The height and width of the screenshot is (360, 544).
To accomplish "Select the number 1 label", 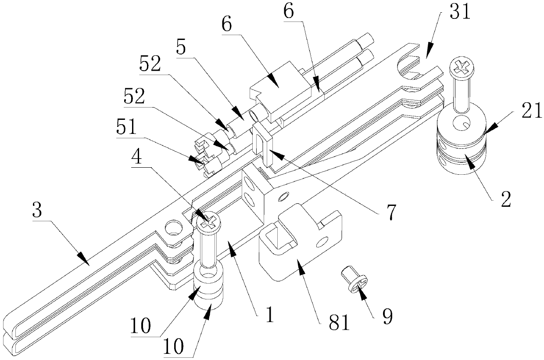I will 270,314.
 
